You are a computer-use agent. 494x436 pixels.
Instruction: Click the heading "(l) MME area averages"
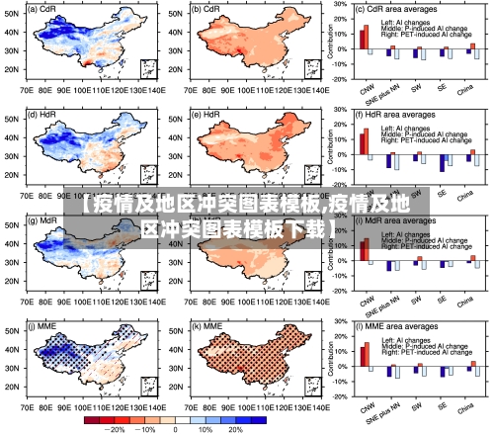(x=398, y=325)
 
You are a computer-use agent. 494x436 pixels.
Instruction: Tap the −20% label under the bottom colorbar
(x=116, y=429)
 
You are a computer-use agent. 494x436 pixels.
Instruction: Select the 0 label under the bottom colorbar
(x=176, y=429)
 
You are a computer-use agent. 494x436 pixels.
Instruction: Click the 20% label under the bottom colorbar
(x=235, y=429)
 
